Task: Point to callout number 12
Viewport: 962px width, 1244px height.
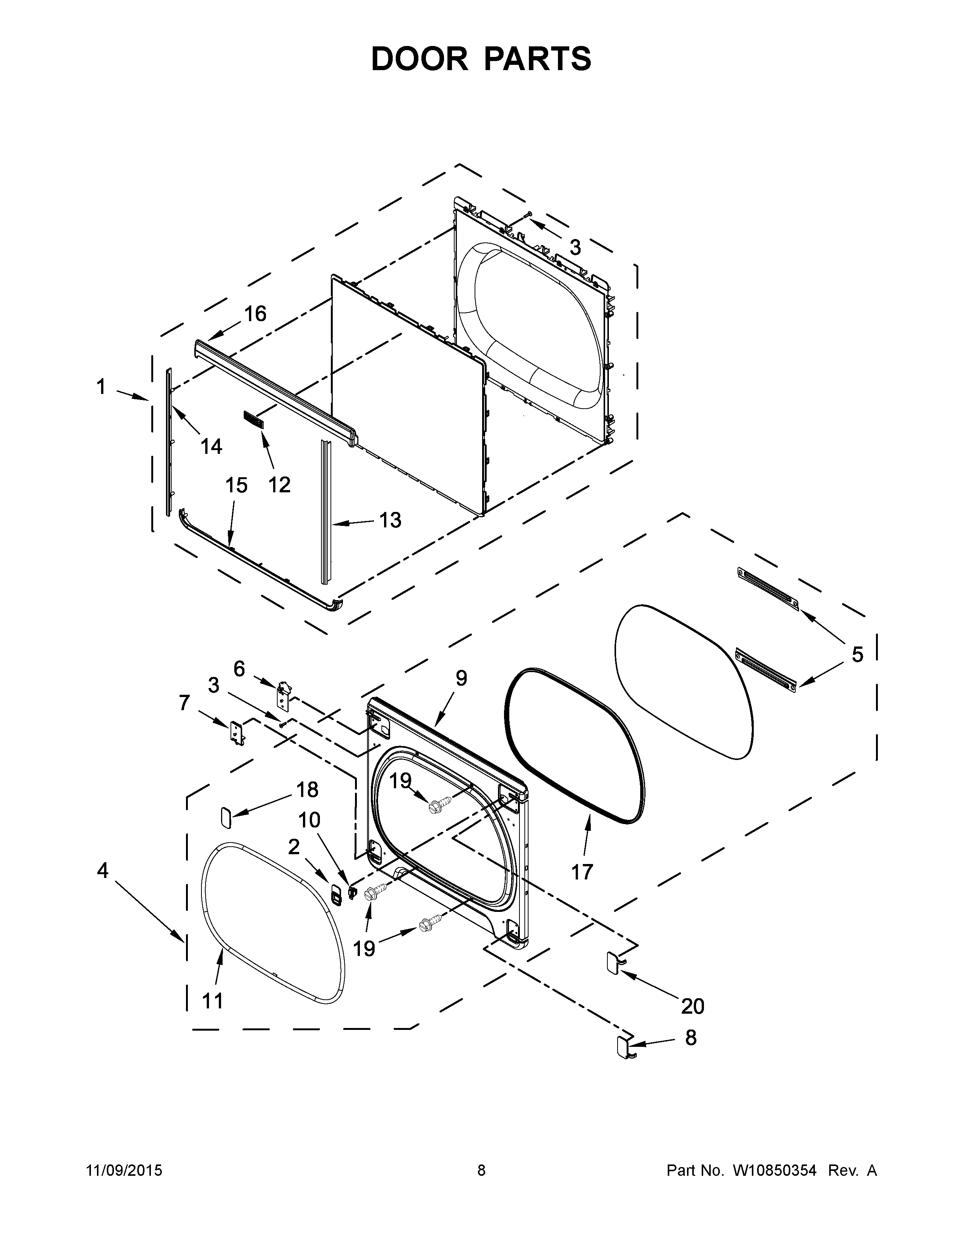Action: (x=279, y=485)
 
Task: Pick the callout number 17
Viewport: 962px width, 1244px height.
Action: (x=582, y=872)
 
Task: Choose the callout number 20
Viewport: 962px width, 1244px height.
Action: (x=692, y=1007)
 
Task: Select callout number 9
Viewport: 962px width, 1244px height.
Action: (x=461, y=678)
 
